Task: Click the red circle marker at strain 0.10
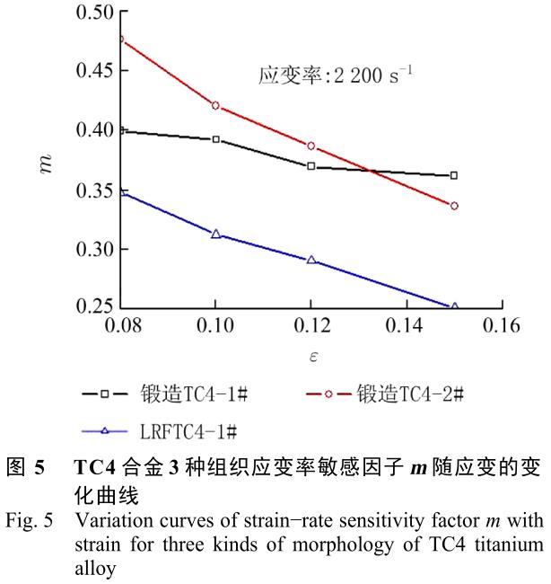coord(215,106)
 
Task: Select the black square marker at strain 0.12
coord(310,166)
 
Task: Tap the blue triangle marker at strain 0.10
coord(215,234)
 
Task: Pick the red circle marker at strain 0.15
coord(454,206)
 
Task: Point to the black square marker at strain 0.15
coord(454,175)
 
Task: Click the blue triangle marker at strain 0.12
coord(310,260)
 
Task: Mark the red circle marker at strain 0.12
coord(310,146)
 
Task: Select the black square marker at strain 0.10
coord(215,139)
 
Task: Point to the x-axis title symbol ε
coord(310,358)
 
